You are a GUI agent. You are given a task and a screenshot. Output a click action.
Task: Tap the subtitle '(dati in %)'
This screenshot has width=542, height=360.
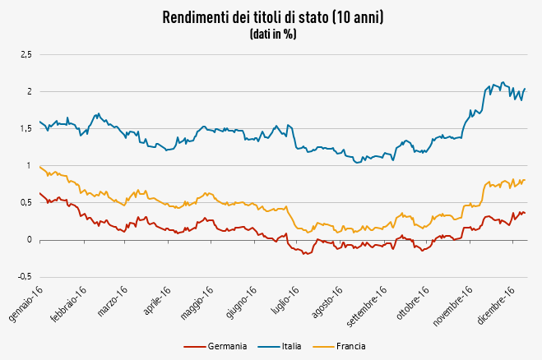pyautogui.click(x=272, y=35)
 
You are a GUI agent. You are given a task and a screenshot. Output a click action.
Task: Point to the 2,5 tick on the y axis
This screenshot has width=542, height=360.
pyautogui.click(x=25, y=54)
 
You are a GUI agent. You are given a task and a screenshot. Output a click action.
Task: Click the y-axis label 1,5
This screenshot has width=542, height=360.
pyautogui.click(x=25, y=129)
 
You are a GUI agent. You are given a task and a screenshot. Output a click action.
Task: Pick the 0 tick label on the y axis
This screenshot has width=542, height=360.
pyautogui.click(x=29, y=241)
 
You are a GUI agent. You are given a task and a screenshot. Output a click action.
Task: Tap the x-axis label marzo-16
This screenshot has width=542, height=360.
pyautogui.click(x=113, y=303)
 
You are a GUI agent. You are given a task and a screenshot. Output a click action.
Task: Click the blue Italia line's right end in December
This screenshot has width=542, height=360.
pyautogui.click(x=525, y=89)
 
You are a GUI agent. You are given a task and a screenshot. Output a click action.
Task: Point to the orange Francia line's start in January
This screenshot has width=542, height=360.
pyautogui.click(x=39, y=166)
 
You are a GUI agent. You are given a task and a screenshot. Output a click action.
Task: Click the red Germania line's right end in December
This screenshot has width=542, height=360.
pyautogui.click(x=525, y=213)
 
